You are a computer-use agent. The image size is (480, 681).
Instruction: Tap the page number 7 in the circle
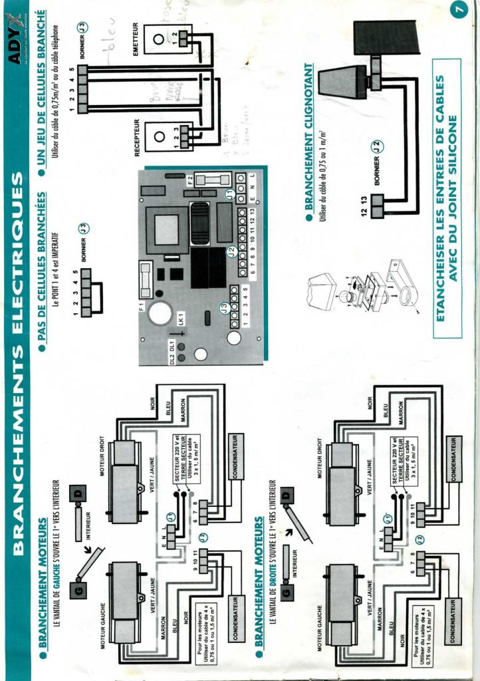pyautogui.click(x=458, y=11)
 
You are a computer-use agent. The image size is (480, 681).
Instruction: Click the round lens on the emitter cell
pyautogui.click(x=158, y=39)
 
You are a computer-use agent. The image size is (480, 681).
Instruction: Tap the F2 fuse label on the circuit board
pyautogui.click(x=191, y=180)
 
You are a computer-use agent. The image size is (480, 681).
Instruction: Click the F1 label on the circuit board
pyautogui.click(x=142, y=309)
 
